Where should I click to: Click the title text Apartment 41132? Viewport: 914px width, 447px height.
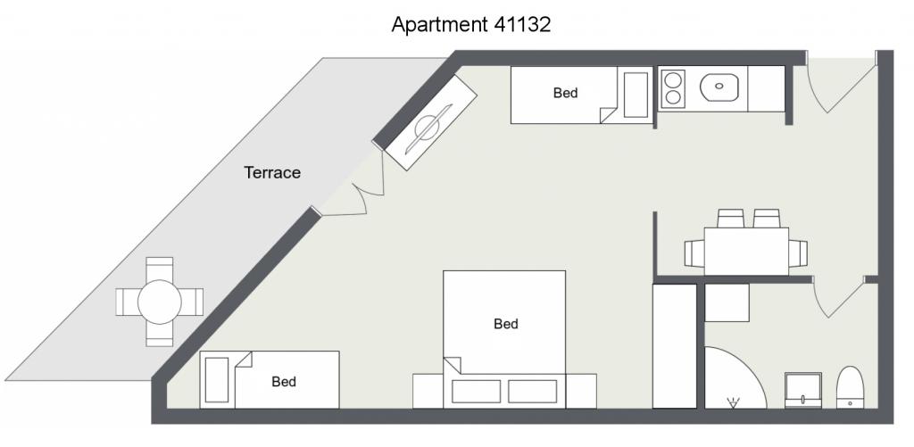pyautogui.click(x=471, y=24)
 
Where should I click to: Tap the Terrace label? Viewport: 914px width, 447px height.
pyautogui.click(x=272, y=172)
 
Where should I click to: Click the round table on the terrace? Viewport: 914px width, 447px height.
pyautogui.click(x=159, y=302)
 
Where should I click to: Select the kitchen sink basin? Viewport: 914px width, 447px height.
pyautogui.click(x=719, y=87)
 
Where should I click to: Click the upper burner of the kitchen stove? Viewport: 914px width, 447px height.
pyautogui.click(x=674, y=79)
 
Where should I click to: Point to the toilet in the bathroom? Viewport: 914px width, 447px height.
pyautogui.click(x=850, y=387)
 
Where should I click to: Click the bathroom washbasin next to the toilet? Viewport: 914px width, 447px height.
pyautogui.click(x=803, y=391)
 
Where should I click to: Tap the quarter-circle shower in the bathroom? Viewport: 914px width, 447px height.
pyautogui.click(x=735, y=377)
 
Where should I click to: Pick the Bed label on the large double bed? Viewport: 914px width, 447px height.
pyautogui.click(x=505, y=324)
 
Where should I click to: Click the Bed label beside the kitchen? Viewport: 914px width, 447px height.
pyautogui.click(x=565, y=93)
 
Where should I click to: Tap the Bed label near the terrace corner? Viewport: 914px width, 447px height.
pyautogui.click(x=284, y=382)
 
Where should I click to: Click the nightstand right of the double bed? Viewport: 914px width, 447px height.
pyautogui.click(x=581, y=391)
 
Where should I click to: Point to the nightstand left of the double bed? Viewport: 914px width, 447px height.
pyautogui.click(x=428, y=391)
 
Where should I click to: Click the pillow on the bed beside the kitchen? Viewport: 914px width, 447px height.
pyautogui.click(x=636, y=95)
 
